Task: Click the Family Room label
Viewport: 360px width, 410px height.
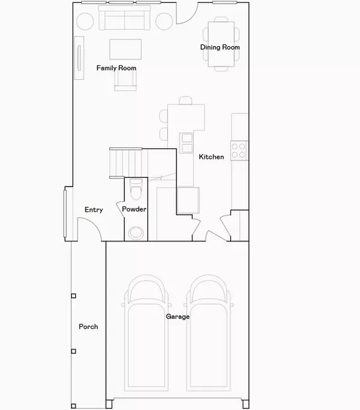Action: pos(116,68)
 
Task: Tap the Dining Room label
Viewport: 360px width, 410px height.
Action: pos(220,47)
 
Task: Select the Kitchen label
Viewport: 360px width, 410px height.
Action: pos(211,156)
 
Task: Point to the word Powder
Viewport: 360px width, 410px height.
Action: pos(134,209)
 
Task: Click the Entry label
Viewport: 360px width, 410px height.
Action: pos(94,210)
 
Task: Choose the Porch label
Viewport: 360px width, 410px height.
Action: pos(88,327)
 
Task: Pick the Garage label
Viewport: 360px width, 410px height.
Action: pos(178,316)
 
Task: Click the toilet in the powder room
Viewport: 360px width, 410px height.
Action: pos(136,189)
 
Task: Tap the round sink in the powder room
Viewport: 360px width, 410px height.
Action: pos(136,233)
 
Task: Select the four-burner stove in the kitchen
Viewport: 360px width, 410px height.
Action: pos(239,150)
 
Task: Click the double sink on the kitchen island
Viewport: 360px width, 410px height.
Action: pos(186,143)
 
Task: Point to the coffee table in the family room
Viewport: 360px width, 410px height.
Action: pos(125,49)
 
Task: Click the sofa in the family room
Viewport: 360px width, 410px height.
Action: pos(125,18)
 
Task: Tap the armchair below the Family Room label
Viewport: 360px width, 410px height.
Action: pos(125,80)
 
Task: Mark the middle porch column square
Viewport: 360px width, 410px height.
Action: pos(74,351)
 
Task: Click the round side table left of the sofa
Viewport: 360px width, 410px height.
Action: pos(85,22)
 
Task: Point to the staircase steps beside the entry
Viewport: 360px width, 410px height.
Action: pos(125,163)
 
